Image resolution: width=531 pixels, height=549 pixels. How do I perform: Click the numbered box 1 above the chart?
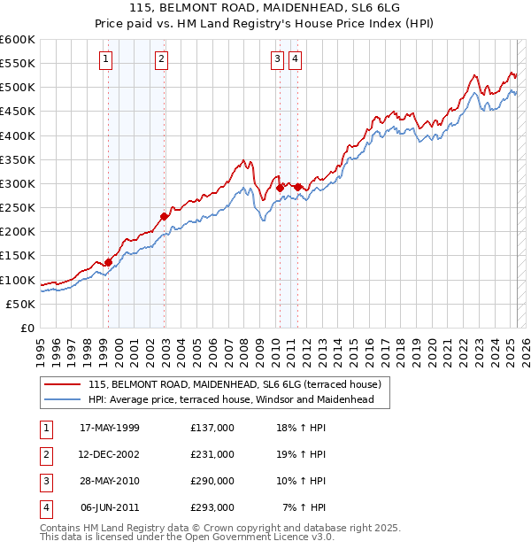point(105,59)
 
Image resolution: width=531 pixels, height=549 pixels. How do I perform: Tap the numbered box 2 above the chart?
point(162,59)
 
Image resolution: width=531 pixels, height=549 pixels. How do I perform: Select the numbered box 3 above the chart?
point(277,59)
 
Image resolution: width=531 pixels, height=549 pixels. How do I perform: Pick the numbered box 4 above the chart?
point(294,59)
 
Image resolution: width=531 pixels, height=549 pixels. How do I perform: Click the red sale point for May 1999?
point(108,261)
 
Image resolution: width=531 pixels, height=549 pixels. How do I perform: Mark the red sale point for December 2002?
point(164,216)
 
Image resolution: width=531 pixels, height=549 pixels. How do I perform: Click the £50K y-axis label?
point(20,304)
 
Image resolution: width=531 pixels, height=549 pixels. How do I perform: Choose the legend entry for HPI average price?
point(232,400)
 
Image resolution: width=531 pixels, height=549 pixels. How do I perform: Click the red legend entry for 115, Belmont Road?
point(235,385)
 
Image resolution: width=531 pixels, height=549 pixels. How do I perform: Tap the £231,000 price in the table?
point(212,454)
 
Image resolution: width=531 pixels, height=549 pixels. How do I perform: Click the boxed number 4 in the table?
point(45,507)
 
